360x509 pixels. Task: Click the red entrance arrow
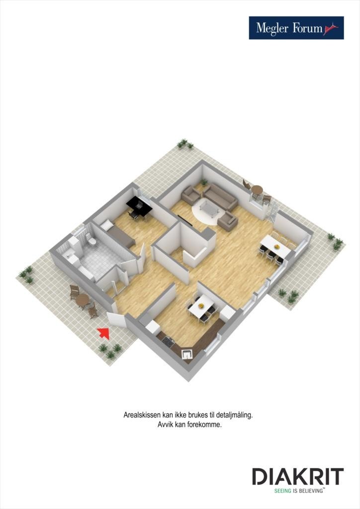pyautogui.click(x=103, y=333)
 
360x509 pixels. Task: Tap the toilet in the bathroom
pyautogui.click(x=91, y=241)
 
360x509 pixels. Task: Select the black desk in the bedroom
pyautogui.click(x=139, y=205)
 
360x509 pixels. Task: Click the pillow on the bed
pyautogui.click(x=107, y=226)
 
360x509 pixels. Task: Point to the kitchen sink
pyautogui.click(x=187, y=354)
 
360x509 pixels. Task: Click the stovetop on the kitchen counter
pyautogui.click(x=168, y=341)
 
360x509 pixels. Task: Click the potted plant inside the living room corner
pyautogui.click(x=203, y=182)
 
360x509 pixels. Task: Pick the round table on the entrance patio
pyautogui.click(x=82, y=300)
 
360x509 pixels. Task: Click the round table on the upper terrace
pyautogui.click(x=257, y=189)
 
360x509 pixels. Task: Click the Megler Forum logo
pyautogui.click(x=296, y=28)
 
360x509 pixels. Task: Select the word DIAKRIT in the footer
pyautogui.click(x=297, y=477)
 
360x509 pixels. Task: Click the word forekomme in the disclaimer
pyautogui.click(x=203, y=425)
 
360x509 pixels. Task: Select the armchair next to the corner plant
pyautogui.click(x=190, y=195)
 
